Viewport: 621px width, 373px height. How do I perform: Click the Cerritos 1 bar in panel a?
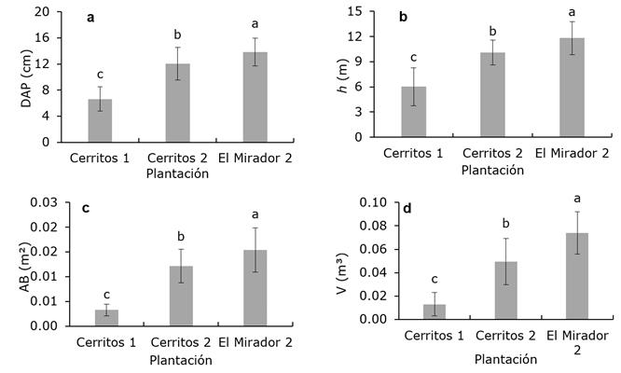[x=100, y=120]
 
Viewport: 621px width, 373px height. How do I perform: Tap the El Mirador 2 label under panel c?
[x=255, y=340]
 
